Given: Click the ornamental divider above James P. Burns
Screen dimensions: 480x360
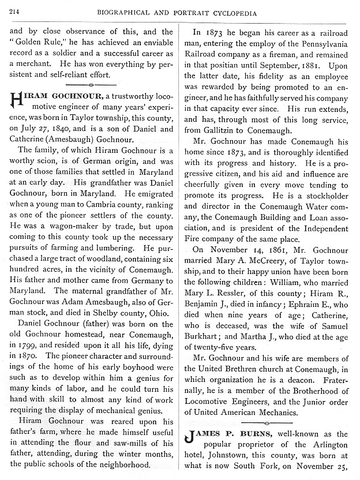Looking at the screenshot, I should click(x=271, y=422).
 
